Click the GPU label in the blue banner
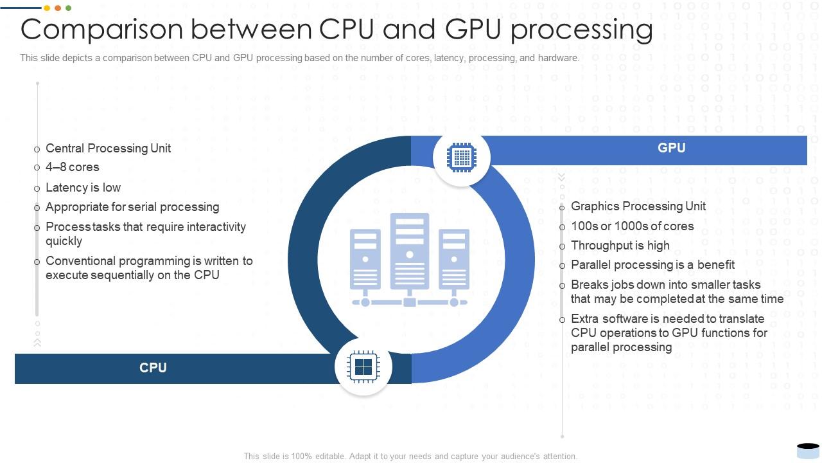click(x=671, y=148)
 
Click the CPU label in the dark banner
click(x=153, y=368)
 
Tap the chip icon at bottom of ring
click(x=363, y=367)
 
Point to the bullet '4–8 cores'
click(x=72, y=167)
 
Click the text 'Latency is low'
click(x=83, y=188)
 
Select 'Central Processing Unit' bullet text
click(x=108, y=149)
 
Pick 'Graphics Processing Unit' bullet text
click(x=638, y=206)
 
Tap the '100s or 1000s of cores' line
click(x=632, y=226)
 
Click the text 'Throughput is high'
click(x=620, y=246)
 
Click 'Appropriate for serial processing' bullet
click(x=132, y=207)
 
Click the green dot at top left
click(x=69, y=8)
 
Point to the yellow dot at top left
click(x=47, y=8)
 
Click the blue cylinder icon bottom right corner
click(x=807, y=449)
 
